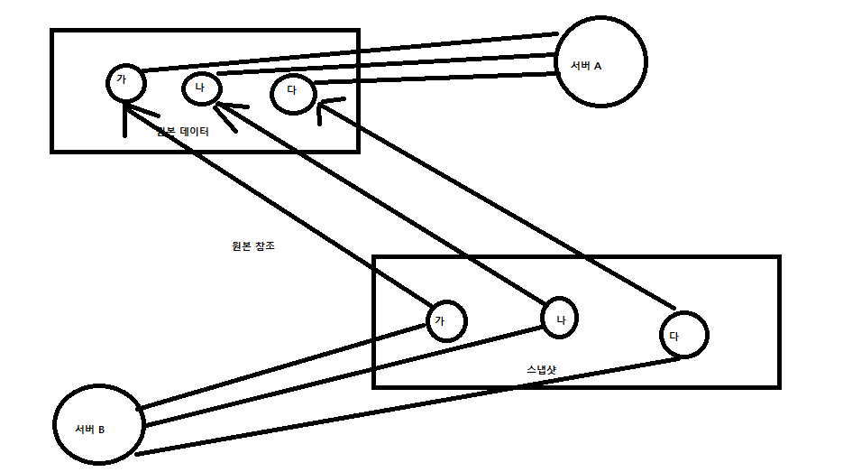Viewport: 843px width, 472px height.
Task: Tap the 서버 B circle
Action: (x=97, y=426)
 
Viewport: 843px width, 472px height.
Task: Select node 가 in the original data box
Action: (x=123, y=83)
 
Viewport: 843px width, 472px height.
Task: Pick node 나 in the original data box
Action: (x=200, y=88)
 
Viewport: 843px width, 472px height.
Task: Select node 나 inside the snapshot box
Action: (x=559, y=318)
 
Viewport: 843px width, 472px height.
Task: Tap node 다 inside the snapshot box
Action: (x=683, y=335)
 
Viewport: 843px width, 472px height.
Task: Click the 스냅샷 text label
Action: (x=543, y=370)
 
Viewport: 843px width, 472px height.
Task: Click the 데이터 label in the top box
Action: (x=195, y=132)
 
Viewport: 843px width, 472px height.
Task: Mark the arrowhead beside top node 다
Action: (x=323, y=108)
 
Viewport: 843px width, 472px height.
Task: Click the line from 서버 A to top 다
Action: (x=433, y=79)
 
